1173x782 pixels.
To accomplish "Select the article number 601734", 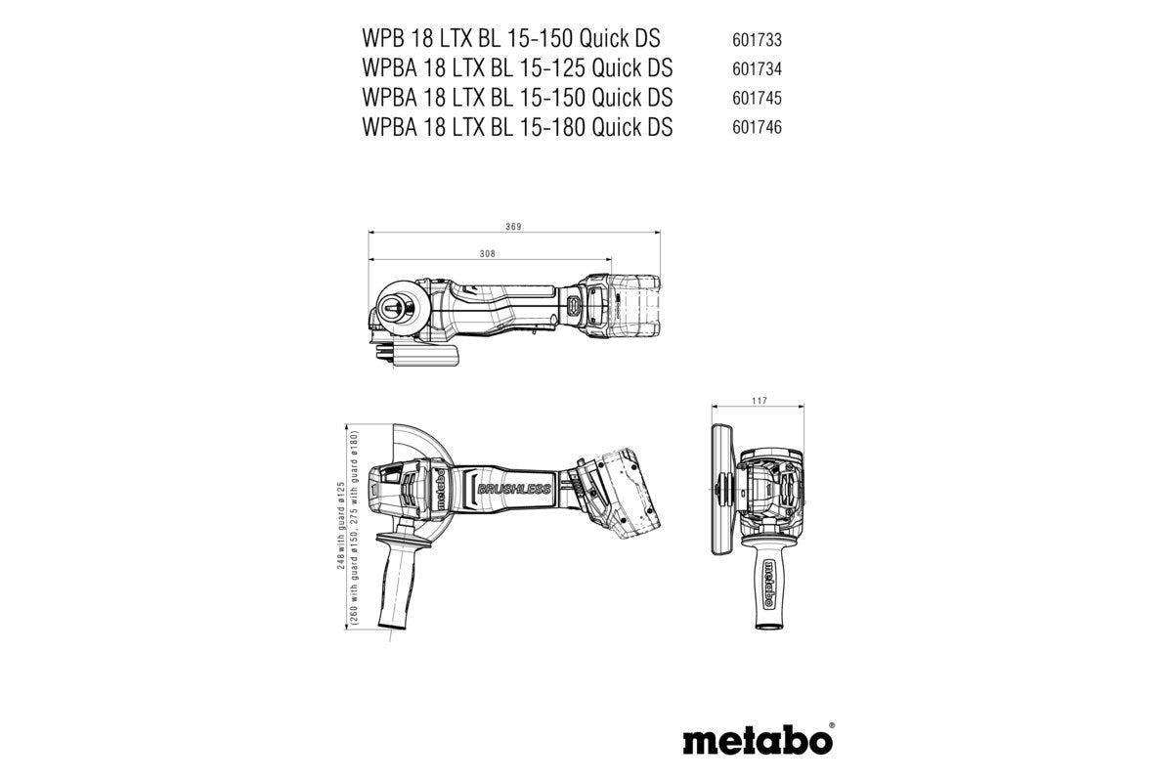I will coord(756,70).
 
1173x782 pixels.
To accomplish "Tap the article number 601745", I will coord(756,99).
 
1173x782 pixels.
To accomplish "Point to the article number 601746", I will coord(756,127).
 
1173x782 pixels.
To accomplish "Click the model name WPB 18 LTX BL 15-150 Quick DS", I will coord(510,39).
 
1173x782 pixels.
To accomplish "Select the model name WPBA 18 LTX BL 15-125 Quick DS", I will coord(516,68).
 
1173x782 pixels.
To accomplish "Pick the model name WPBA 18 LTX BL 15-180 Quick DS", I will coord(516,126).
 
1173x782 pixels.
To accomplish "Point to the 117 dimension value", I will coord(760,401).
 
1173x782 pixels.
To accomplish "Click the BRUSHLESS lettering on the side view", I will coord(514,489).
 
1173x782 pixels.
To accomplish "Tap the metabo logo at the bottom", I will coord(757,740).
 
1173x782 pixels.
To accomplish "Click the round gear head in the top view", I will coord(401,308).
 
